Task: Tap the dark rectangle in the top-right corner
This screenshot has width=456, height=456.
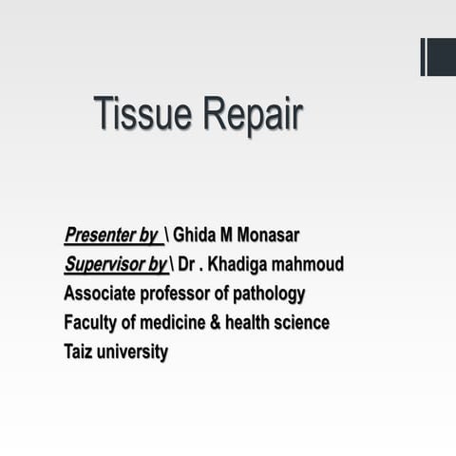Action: point(440,57)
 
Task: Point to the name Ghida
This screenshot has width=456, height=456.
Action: point(197,235)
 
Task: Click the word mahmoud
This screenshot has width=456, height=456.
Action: point(310,264)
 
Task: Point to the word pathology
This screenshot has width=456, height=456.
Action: point(271,294)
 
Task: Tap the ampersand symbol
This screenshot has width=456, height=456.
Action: point(216,323)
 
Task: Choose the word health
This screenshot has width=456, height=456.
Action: point(250,323)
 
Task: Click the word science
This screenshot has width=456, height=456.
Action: point(303,323)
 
